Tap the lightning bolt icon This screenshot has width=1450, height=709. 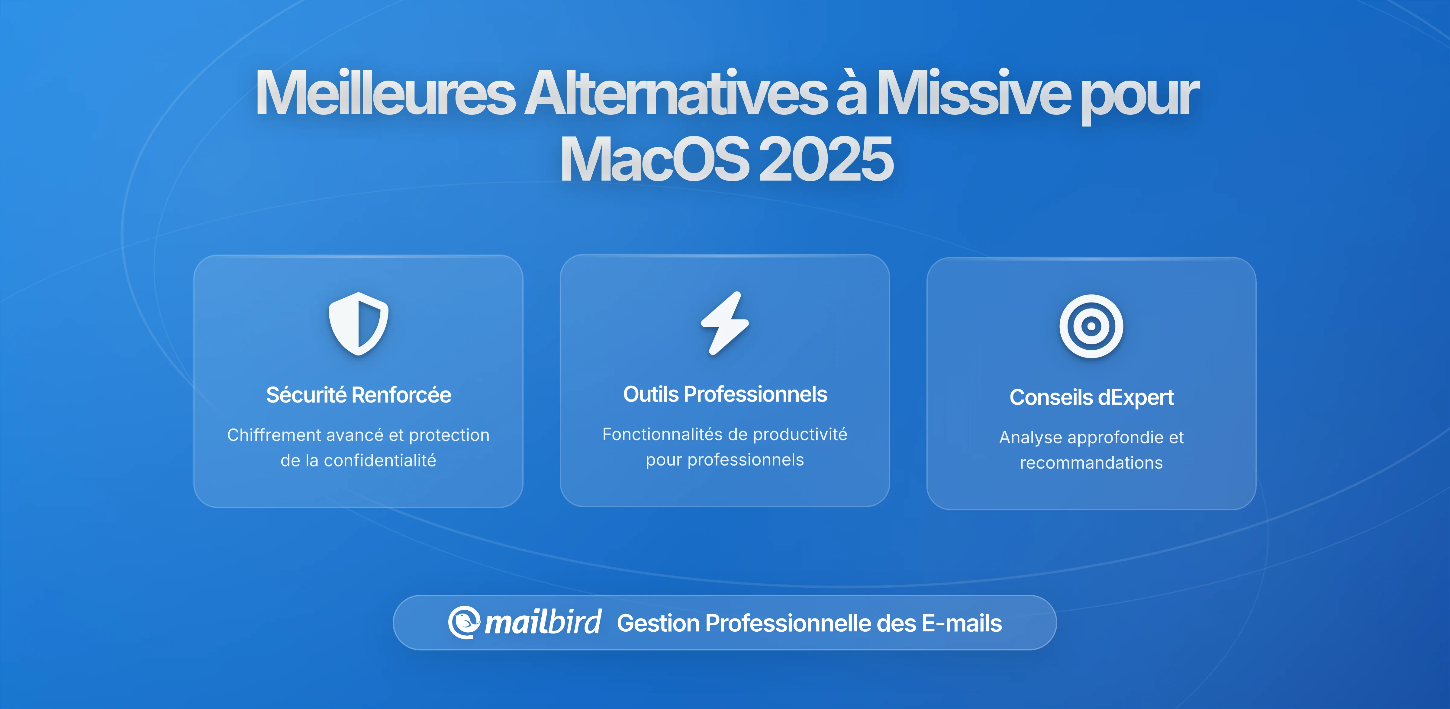[725, 324]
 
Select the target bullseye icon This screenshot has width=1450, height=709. [1091, 326]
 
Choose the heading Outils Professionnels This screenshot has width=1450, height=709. [725, 394]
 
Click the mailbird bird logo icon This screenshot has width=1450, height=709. [464, 622]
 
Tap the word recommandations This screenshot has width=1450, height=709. [1091, 463]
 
